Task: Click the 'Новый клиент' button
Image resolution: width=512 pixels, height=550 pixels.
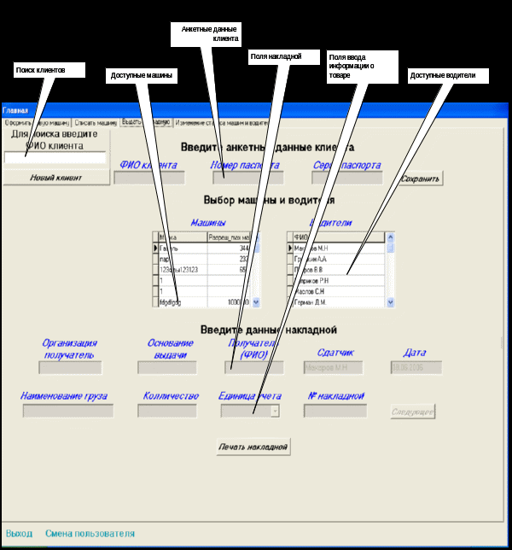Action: tap(56, 177)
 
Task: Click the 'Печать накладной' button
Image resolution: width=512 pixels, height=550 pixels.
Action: tap(253, 447)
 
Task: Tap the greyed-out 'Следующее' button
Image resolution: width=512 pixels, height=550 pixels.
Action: tap(413, 412)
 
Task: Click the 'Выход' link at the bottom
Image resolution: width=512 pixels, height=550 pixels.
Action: tap(18, 534)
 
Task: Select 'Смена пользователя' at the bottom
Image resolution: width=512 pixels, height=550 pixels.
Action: tap(90, 534)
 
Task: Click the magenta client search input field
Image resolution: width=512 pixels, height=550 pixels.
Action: tap(55, 157)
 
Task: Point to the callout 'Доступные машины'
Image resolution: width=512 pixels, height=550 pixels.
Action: tap(142, 76)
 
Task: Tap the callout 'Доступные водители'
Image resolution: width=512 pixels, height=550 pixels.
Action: tap(448, 76)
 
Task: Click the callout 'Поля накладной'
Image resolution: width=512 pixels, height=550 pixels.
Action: tap(276, 56)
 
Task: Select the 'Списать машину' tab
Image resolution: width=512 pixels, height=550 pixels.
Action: tap(95, 123)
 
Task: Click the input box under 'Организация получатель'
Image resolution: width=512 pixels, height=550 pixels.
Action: tap(70, 367)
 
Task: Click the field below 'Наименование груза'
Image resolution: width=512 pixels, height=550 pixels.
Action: tap(67, 411)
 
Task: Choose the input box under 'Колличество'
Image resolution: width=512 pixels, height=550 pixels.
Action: tap(168, 411)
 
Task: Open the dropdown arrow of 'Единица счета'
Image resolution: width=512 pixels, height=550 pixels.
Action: tap(275, 411)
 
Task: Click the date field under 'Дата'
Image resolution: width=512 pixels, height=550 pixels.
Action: tap(416, 367)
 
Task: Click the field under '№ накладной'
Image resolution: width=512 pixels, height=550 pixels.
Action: tap(335, 411)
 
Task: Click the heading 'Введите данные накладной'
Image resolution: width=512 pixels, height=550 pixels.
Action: tap(269, 330)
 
